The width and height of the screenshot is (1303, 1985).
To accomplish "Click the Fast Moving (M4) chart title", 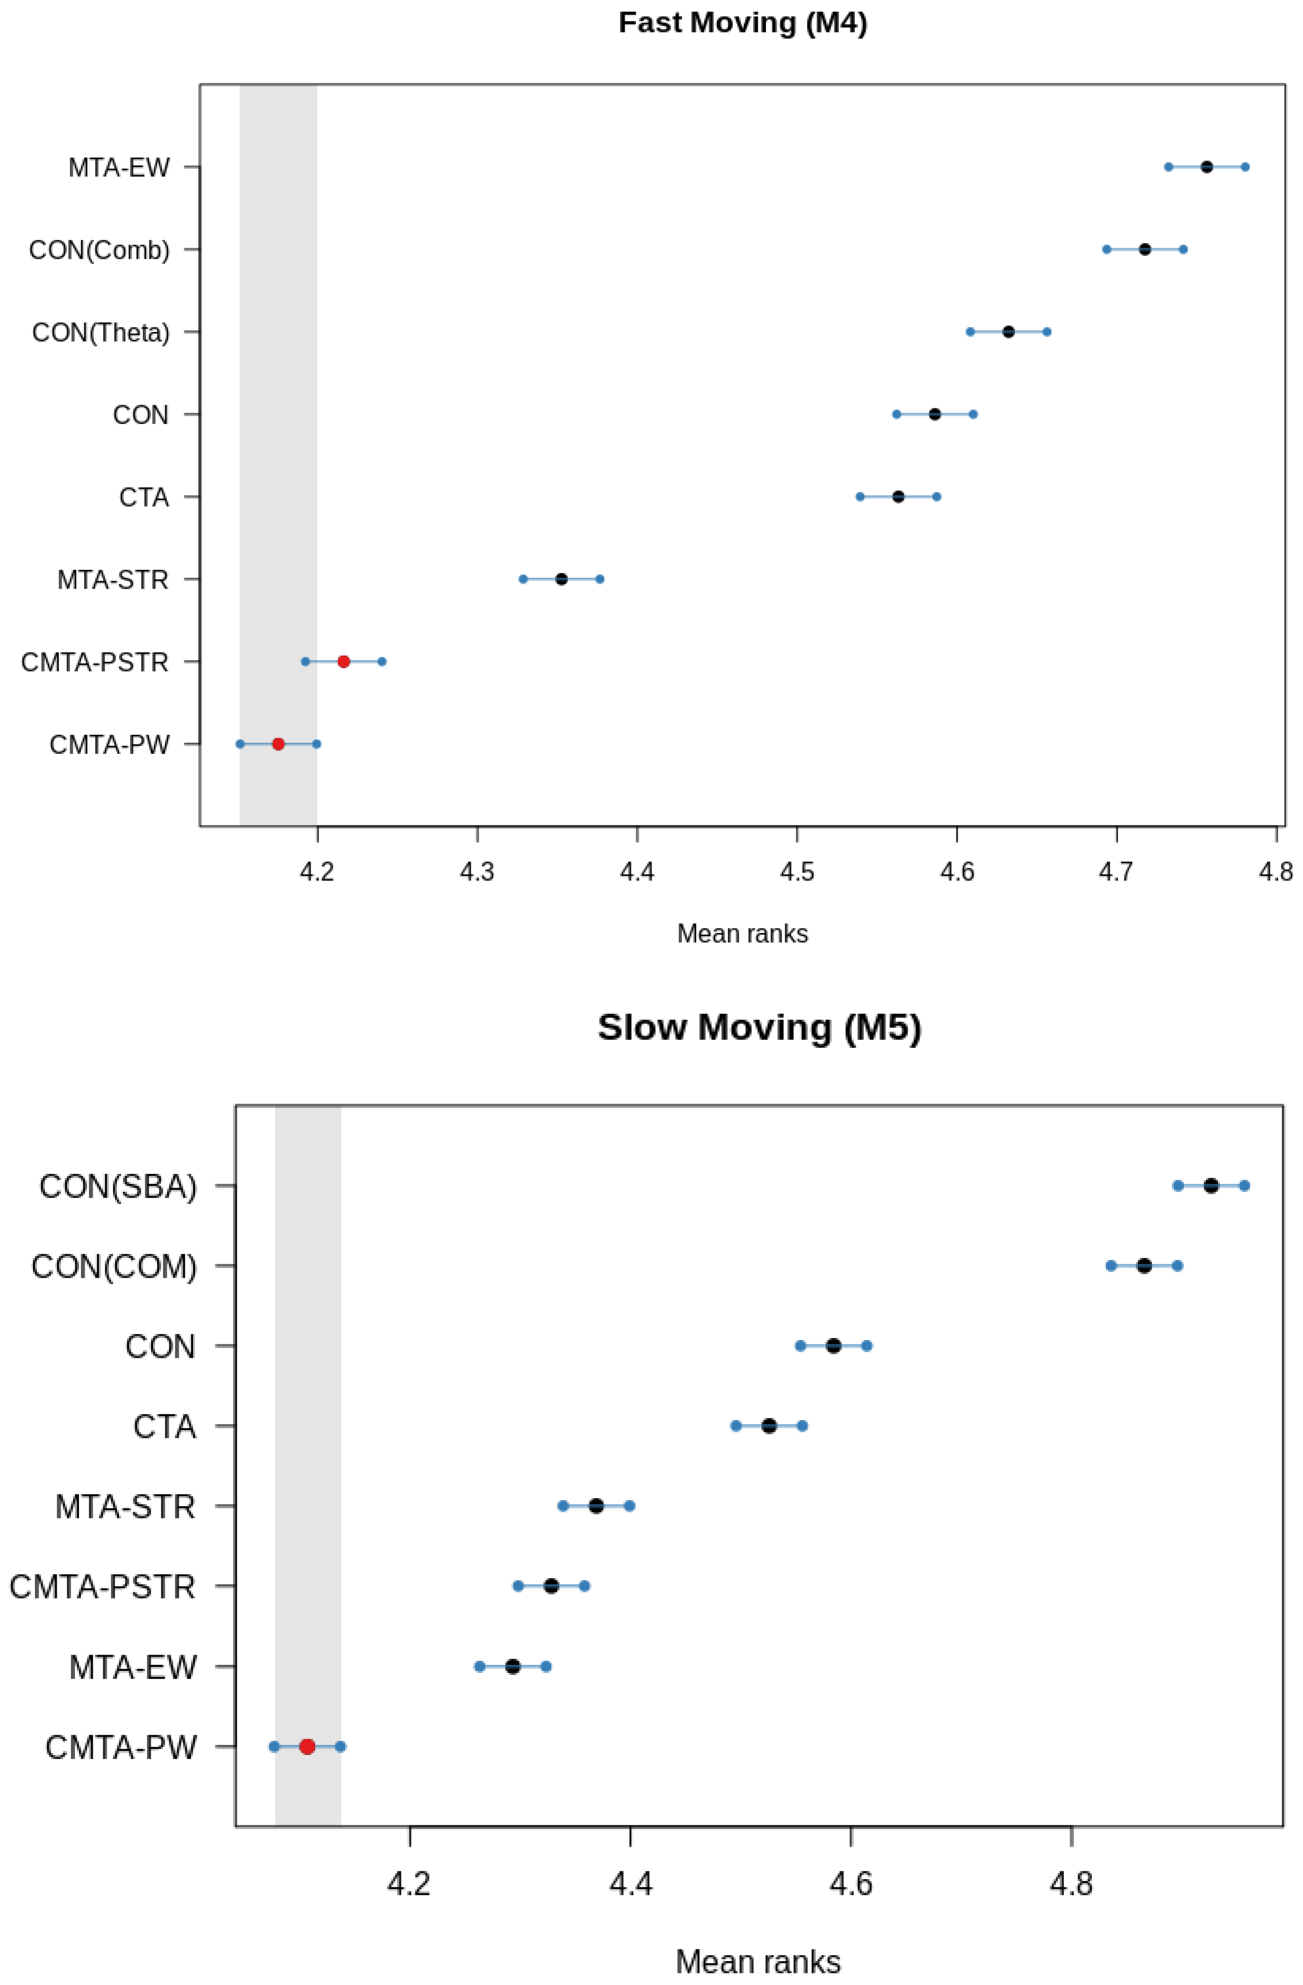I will pos(742,22).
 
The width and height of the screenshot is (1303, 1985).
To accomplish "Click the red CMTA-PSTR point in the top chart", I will pos(343,661).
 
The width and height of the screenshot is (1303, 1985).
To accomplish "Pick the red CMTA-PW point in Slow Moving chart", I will pos(307,1746).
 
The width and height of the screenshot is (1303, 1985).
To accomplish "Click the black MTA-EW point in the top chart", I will pos(1206,167).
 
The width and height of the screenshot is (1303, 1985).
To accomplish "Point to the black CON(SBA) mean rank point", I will pos(1210,1185).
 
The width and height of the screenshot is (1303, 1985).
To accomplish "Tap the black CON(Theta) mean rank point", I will pos(1008,332).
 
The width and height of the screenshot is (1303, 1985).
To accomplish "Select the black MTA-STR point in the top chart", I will pos(561,579).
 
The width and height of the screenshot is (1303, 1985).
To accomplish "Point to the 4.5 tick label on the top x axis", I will pos(797,872).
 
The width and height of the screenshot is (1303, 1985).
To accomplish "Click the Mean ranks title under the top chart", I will pos(742,933).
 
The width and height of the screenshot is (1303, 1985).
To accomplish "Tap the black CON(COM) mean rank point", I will pos(1143,1265).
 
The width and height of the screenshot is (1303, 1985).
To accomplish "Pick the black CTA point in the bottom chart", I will pos(769,1425).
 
